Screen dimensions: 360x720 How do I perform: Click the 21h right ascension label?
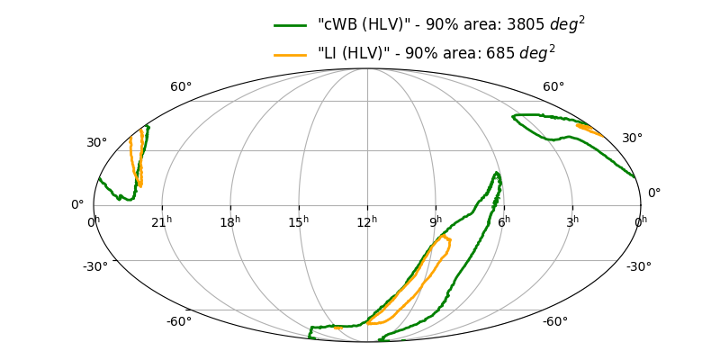pos(162,221)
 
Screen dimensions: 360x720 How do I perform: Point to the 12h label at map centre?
pos(367,221)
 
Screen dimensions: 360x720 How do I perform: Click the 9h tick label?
pos(436,221)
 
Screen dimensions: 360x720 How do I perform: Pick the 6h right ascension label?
pos(504,221)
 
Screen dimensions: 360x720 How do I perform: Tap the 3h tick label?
pos(572,221)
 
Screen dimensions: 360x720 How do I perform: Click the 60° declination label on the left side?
pos(181,87)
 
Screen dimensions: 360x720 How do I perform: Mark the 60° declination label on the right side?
pos(553,87)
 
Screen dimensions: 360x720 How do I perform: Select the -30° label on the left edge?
pos(95,266)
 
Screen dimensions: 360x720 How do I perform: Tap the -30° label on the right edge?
pos(639,266)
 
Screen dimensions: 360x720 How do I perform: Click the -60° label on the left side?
pos(178,322)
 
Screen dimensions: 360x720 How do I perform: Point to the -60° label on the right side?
pos(554,322)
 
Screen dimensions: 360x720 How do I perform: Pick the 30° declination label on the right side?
pos(632,139)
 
